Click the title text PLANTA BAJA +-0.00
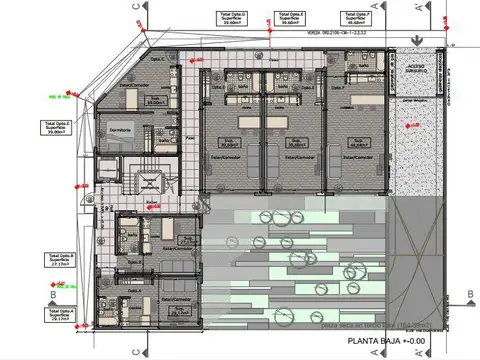[x=386, y=341]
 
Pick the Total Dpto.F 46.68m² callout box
[x=355, y=16]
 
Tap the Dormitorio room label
[x=121, y=131]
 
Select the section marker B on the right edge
[x=467, y=293]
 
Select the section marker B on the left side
[x=51, y=296]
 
